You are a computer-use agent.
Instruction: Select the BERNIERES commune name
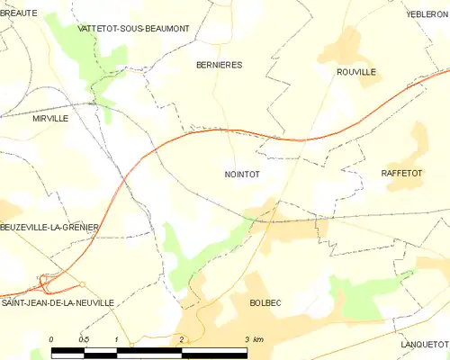click(220, 65)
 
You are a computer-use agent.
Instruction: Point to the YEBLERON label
click(427, 14)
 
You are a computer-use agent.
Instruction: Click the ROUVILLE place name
click(355, 71)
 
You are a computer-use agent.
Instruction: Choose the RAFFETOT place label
click(402, 171)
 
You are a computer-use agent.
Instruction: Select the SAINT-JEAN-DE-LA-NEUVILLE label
click(58, 303)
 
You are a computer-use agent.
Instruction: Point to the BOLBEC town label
click(265, 303)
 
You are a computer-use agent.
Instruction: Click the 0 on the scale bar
click(52, 339)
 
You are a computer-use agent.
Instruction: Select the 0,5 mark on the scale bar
click(84, 339)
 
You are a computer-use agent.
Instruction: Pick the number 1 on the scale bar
click(117, 339)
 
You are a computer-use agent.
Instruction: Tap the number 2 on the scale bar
click(182, 339)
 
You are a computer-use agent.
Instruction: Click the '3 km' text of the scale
click(253, 339)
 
